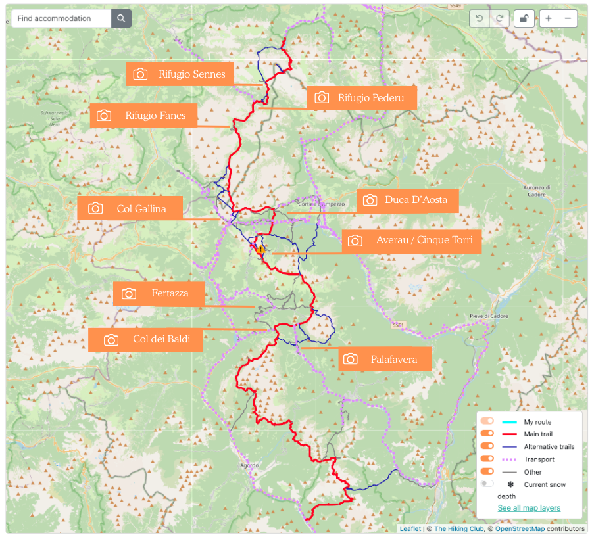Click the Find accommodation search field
point(61,18)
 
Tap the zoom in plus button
point(548,18)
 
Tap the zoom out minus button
point(568,18)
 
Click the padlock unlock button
point(524,18)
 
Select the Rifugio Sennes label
point(180,74)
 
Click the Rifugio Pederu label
point(362,98)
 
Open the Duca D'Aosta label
point(407,200)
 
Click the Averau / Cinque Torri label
point(412,241)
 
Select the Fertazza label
point(159,293)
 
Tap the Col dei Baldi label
point(145,340)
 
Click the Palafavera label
point(386,359)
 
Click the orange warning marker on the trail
point(261,250)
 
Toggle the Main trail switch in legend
point(487,434)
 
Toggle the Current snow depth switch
point(487,484)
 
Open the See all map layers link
point(529,508)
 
